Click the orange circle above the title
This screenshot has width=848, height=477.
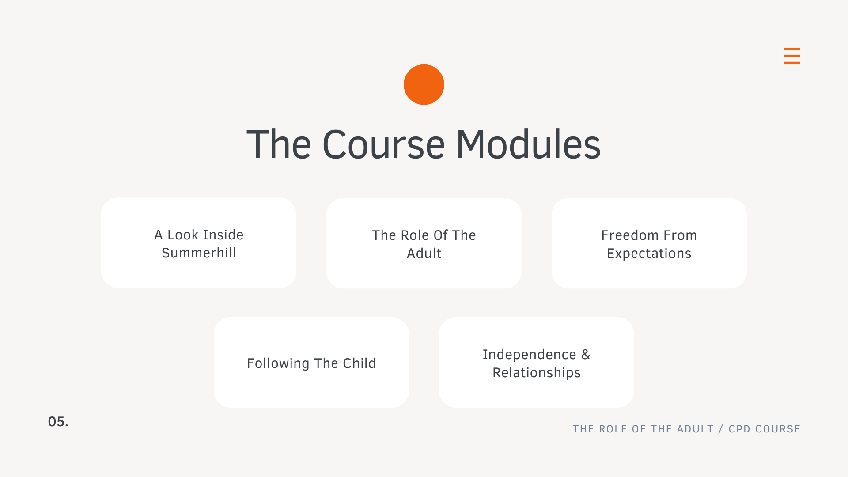[x=424, y=85]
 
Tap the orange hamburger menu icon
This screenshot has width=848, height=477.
[x=792, y=56]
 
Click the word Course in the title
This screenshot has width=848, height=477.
[x=383, y=145]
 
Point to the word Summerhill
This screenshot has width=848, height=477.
[x=199, y=253]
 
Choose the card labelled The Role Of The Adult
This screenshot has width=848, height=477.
[x=424, y=243]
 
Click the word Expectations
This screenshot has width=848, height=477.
[x=649, y=254]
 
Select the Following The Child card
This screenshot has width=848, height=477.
[x=311, y=362]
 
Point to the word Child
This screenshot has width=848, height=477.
[x=359, y=363]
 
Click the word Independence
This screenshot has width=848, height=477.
[x=529, y=355]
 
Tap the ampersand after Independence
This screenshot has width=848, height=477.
[x=586, y=355]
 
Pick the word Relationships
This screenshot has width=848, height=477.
[x=537, y=373]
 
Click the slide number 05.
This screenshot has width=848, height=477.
[x=58, y=422]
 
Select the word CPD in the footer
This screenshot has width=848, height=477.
[x=739, y=429]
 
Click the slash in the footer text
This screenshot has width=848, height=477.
[x=721, y=429]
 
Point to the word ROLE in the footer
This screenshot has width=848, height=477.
[x=613, y=429]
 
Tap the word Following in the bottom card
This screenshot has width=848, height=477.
[x=278, y=363]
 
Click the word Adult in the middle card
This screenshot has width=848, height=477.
[x=424, y=254]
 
